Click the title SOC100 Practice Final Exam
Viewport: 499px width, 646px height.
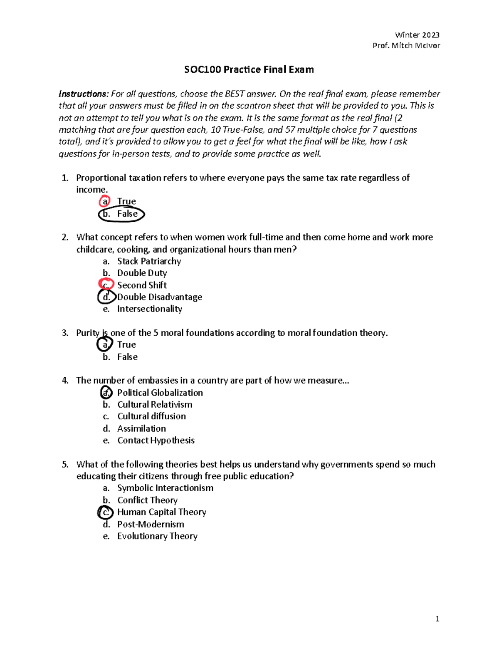click(249, 69)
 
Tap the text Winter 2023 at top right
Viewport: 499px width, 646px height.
click(417, 35)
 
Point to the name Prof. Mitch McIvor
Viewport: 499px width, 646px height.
click(406, 46)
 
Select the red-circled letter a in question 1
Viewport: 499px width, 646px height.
click(105, 202)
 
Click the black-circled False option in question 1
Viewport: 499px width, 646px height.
click(126, 214)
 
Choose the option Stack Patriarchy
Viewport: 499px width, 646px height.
click(149, 261)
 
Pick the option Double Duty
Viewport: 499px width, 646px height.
click(142, 273)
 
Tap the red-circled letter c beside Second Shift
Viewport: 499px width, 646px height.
click(106, 285)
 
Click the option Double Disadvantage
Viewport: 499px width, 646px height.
click(159, 297)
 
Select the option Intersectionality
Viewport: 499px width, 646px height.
click(149, 309)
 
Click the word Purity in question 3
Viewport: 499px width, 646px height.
click(88, 333)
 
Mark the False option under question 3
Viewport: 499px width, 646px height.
click(127, 357)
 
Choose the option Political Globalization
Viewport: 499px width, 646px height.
click(160, 393)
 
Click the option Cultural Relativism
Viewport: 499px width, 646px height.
click(154, 405)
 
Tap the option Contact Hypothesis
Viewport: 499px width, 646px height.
click(156, 441)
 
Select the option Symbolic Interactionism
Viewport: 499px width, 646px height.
click(165, 488)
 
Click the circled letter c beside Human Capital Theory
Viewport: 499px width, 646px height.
click(106, 512)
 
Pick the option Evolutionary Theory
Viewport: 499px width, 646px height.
click(157, 536)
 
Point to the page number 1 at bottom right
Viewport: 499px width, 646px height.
click(437, 619)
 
